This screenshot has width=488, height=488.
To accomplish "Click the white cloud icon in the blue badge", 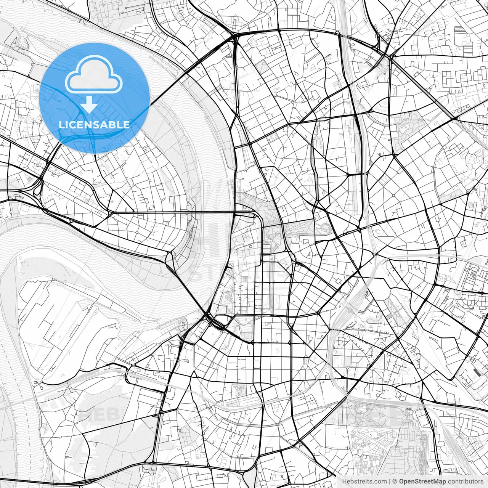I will point(94,75).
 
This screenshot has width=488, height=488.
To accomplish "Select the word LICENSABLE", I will point(94,125).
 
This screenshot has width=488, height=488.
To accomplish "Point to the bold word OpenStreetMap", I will point(422,482).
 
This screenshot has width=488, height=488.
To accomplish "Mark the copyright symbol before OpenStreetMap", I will point(395,482).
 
